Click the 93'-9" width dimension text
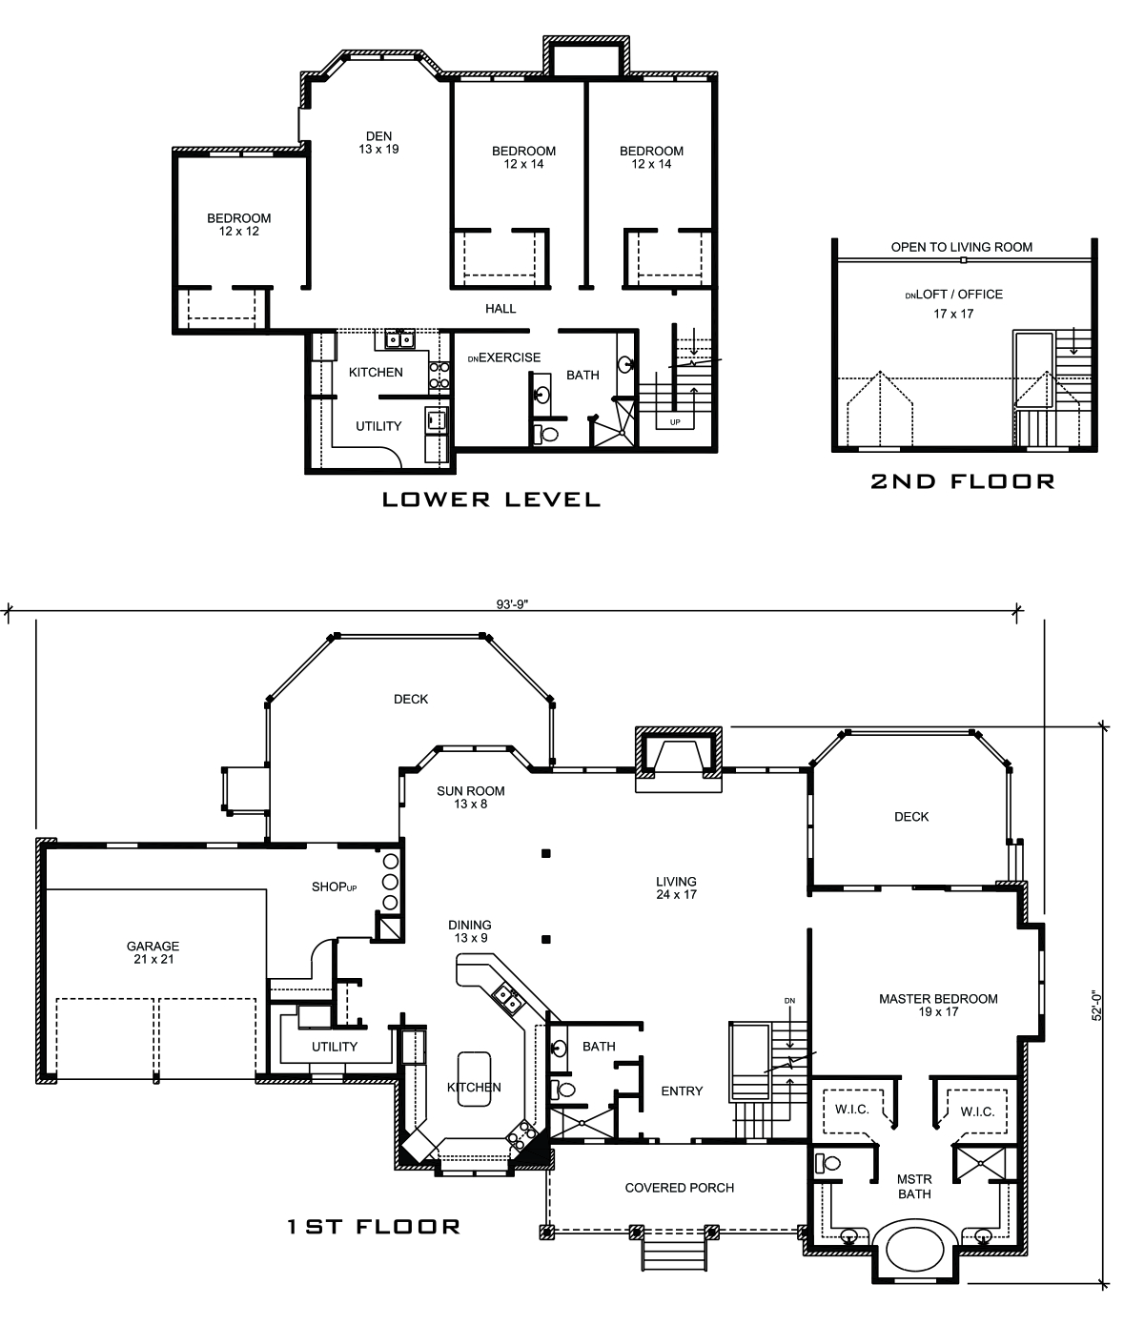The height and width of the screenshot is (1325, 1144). (511, 602)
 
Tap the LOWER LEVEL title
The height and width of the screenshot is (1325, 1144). (491, 499)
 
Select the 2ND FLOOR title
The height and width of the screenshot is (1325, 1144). (963, 481)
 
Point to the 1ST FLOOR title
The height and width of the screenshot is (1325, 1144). (374, 1227)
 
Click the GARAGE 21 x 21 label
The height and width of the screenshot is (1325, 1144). (153, 953)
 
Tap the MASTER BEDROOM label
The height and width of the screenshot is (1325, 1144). (938, 1005)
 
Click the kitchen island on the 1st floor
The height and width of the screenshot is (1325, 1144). (474, 1078)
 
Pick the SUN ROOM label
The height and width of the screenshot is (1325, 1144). (471, 797)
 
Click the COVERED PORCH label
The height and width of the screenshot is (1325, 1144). (680, 1188)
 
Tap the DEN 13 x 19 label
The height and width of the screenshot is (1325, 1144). (378, 142)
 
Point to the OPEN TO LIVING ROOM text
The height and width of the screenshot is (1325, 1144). (961, 247)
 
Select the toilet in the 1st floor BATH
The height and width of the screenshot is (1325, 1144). (564, 1089)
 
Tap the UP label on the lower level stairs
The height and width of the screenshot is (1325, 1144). (676, 421)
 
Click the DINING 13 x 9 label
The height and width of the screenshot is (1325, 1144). (470, 931)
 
